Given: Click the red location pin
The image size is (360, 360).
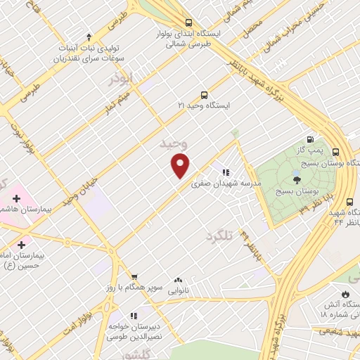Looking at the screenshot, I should click(x=181, y=165).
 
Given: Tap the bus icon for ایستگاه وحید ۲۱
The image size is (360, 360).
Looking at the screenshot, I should click(x=204, y=95).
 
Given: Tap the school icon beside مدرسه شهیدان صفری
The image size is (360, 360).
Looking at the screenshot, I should click(x=226, y=172).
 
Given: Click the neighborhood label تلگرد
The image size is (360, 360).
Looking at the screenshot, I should click(x=219, y=236).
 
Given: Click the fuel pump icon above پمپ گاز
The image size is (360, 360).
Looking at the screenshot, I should click(x=309, y=140).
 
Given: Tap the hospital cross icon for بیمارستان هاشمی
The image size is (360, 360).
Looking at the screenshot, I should click(x=16, y=199).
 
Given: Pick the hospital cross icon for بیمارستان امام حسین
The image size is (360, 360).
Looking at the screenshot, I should click(x=22, y=245).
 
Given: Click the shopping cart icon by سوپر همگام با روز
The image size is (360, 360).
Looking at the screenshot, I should click(x=134, y=278).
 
